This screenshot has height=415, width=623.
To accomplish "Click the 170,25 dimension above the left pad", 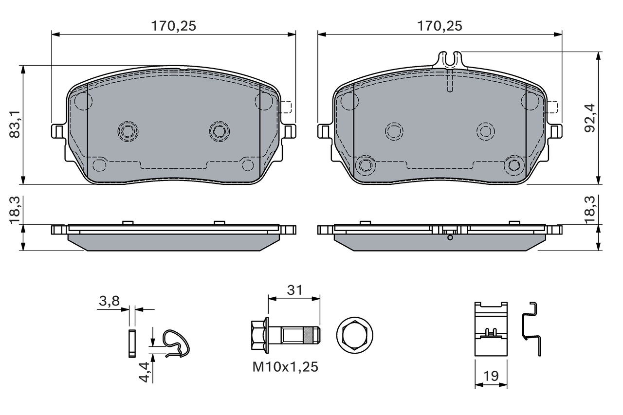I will pyautogui.click(x=173, y=26).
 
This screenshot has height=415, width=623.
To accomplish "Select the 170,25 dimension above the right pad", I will pyautogui.click(x=439, y=26).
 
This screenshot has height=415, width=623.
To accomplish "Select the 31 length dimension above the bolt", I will pyautogui.click(x=294, y=290).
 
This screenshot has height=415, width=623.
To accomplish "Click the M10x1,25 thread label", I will pyautogui.click(x=285, y=367).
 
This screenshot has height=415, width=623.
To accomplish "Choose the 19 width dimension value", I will pyautogui.click(x=491, y=375).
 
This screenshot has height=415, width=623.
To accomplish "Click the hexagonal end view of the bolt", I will pyautogui.click(x=354, y=335).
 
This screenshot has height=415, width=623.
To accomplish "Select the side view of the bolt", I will pyautogui.click(x=285, y=335).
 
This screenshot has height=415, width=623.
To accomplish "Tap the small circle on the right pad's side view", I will pyautogui.click(x=450, y=237).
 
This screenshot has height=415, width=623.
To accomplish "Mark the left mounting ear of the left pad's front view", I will pyautogui.click(x=58, y=131).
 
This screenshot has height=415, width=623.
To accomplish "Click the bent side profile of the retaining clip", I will pyautogui.click(x=532, y=328).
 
